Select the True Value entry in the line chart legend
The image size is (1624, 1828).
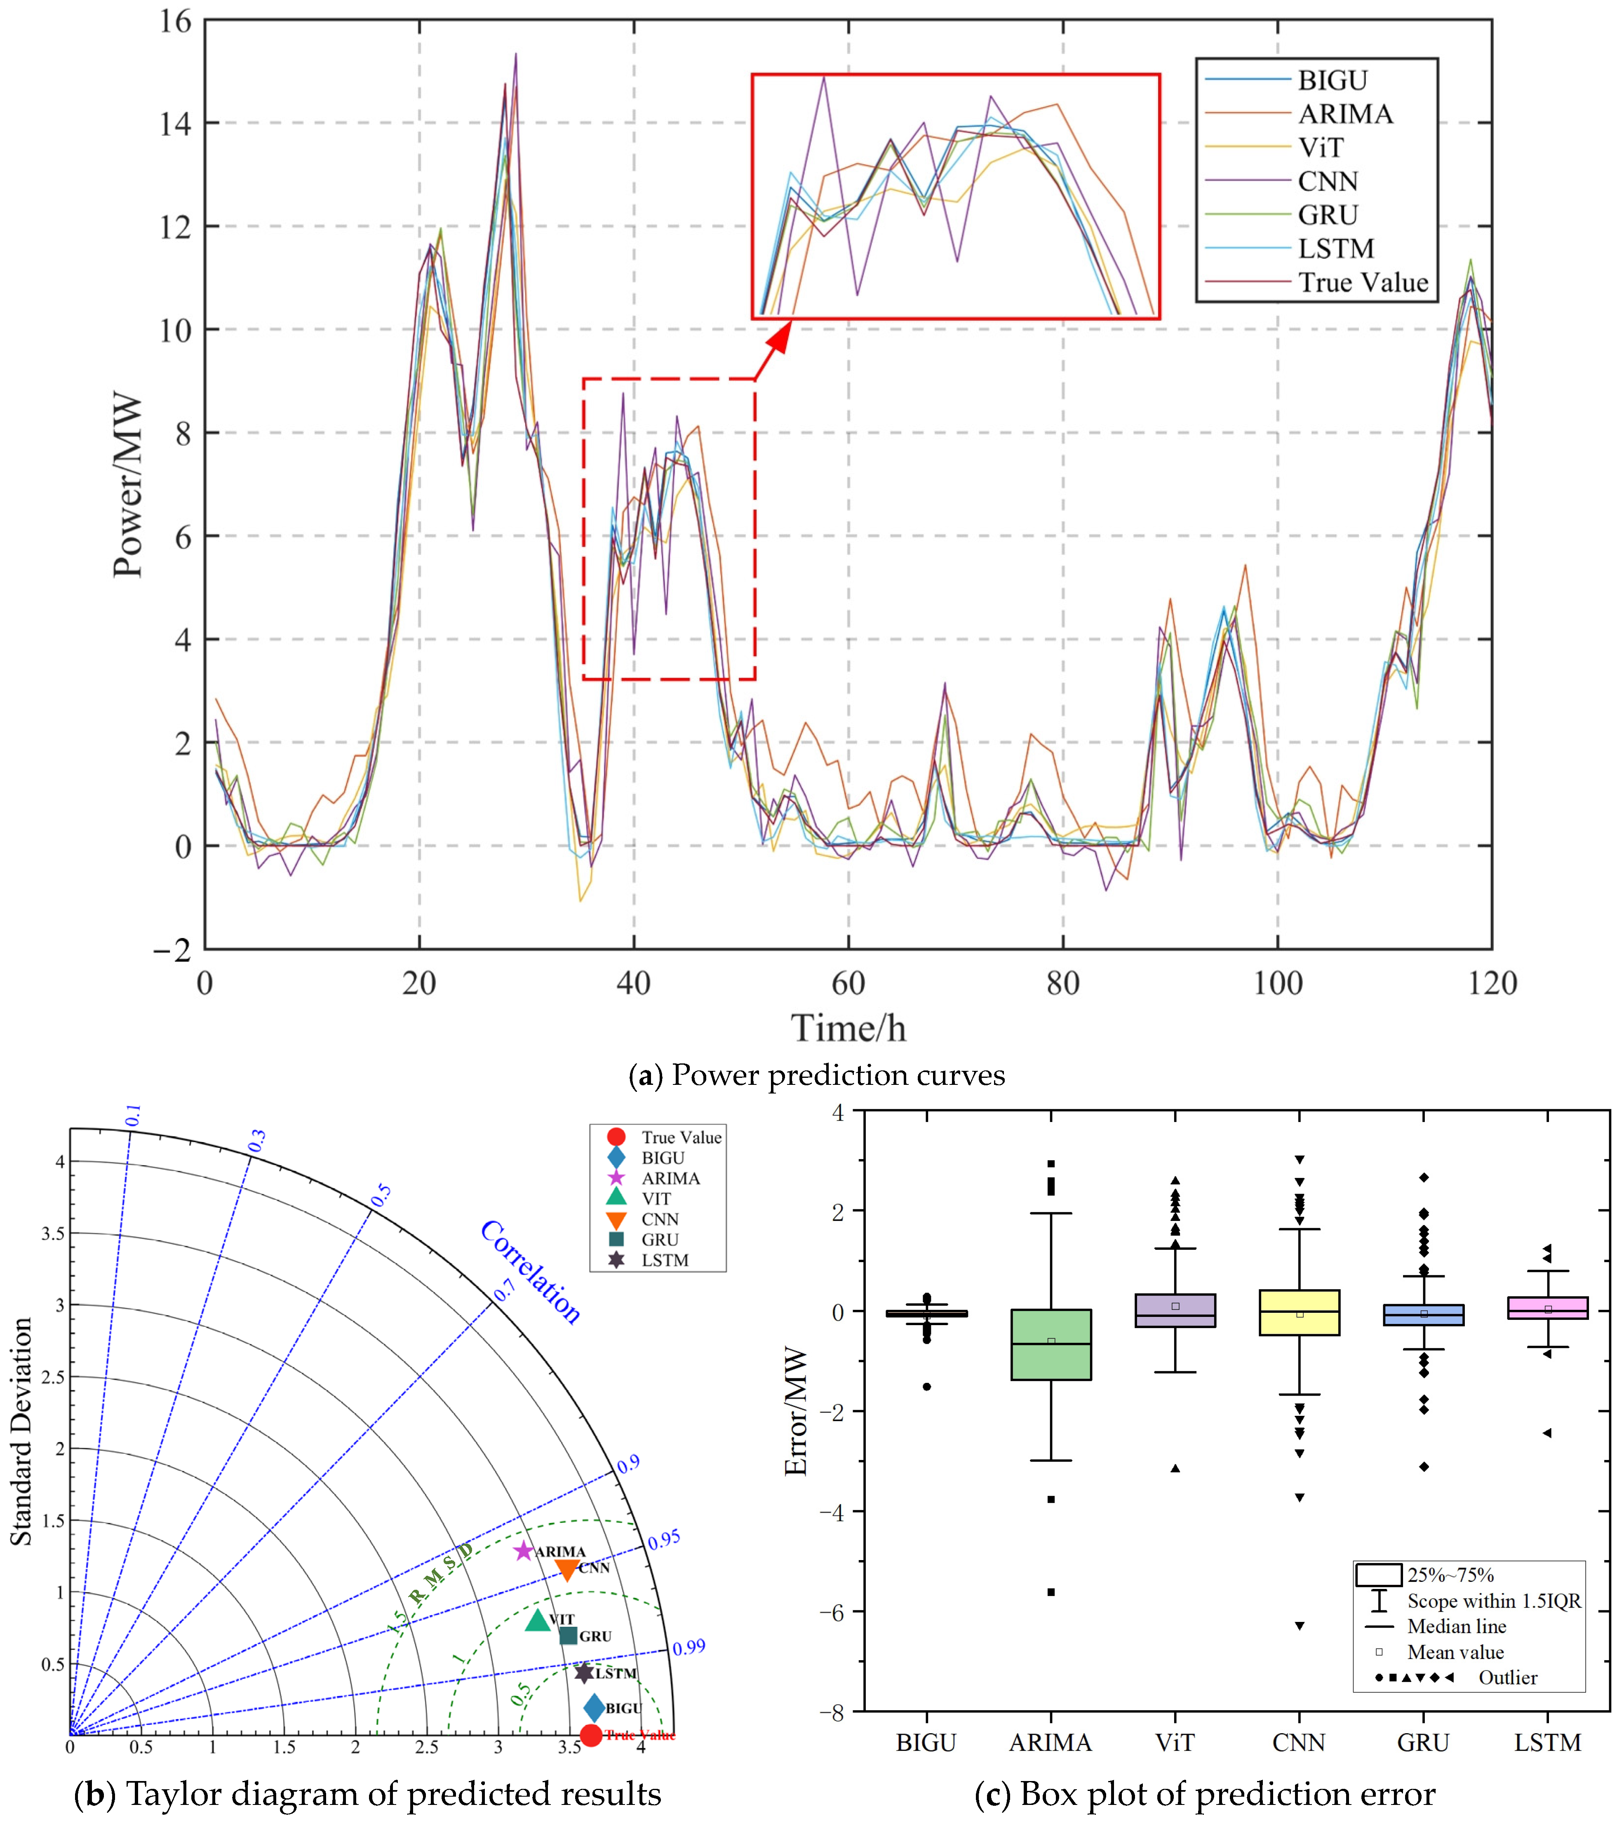tap(1363, 283)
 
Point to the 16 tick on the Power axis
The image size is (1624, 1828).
tap(175, 21)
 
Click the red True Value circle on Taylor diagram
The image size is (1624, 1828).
tap(590, 1735)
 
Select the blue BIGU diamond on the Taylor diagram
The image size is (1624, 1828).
tap(593, 1708)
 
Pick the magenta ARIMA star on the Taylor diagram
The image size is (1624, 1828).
tap(524, 1551)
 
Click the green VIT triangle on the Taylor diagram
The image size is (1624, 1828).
tap(537, 1619)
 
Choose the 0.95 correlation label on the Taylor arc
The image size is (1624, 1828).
tap(664, 1539)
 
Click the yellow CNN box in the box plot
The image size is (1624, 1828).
tap(1299, 1312)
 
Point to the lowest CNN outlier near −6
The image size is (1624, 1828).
tap(1299, 1625)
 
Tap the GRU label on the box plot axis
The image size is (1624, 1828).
tap(1423, 1742)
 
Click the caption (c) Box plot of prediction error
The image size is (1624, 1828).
tap(1204, 1794)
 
